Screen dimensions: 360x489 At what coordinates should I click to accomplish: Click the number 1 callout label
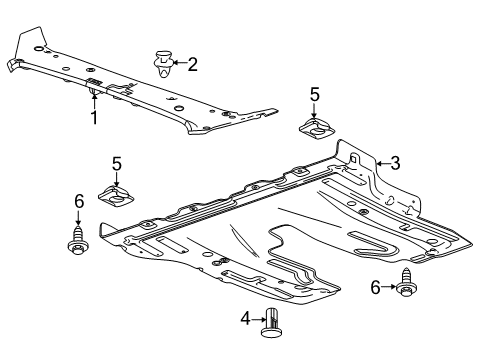tap(94, 118)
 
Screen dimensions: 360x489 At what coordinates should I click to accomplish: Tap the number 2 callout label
tap(192, 65)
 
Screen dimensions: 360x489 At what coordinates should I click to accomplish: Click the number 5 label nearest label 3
tap(314, 95)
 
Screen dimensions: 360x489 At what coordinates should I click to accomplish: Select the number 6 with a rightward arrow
tap(377, 288)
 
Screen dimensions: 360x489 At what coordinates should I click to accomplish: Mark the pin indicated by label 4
tap(272, 322)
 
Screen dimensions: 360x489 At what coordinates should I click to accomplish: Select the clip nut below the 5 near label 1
tap(116, 194)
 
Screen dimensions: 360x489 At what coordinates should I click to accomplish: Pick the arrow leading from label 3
tap(380, 162)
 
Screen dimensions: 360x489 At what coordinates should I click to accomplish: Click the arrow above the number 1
tap(94, 100)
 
